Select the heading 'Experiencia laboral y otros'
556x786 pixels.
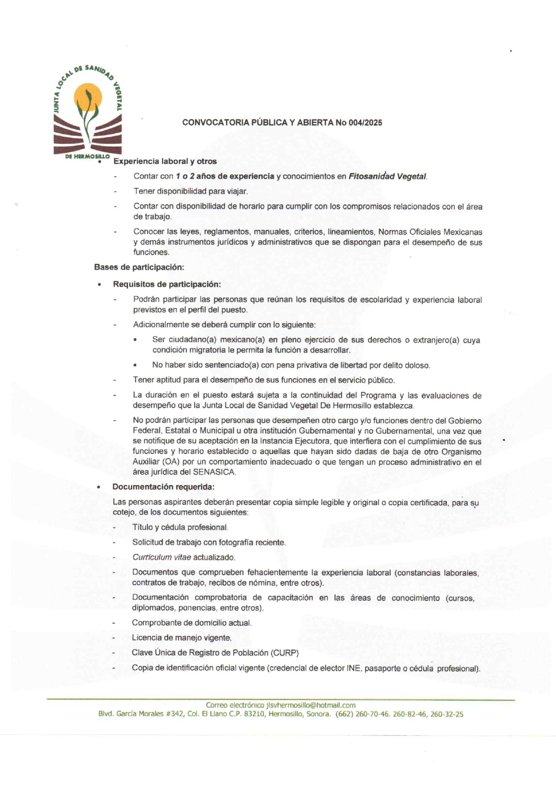point(165,161)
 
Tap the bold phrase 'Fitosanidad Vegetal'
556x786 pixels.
point(387,177)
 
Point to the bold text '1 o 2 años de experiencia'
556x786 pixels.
point(225,177)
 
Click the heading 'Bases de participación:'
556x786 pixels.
point(139,267)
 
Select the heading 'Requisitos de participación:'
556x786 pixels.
point(167,284)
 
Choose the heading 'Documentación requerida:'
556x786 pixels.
point(163,487)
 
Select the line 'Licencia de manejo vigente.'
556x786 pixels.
point(182,638)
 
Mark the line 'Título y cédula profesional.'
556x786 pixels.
point(180,527)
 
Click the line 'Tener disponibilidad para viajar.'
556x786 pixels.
point(191,191)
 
